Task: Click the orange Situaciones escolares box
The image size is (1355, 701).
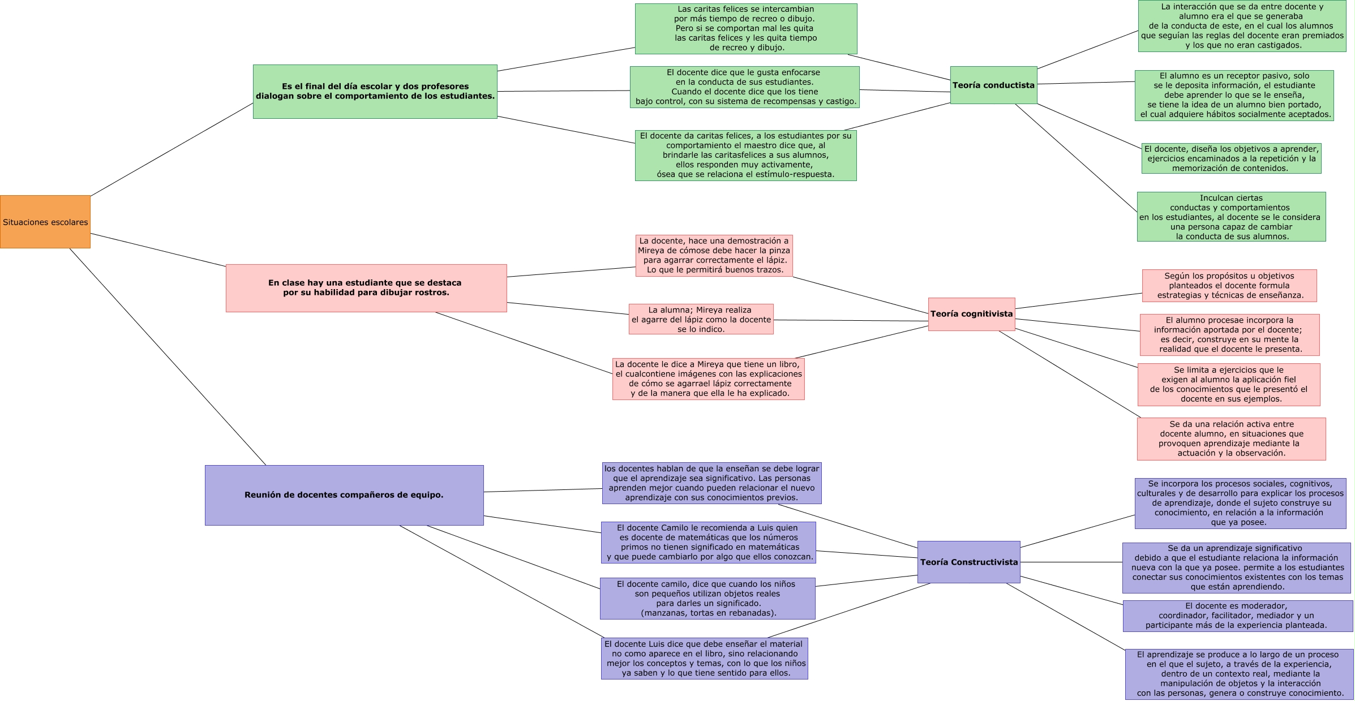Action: point(45,222)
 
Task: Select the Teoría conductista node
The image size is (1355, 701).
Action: point(993,85)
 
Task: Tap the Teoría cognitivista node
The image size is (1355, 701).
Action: point(971,314)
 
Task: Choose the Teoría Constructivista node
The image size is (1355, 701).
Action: point(968,562)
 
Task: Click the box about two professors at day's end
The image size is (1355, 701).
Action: point(375,92)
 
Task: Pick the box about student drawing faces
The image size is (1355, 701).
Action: point(366,288)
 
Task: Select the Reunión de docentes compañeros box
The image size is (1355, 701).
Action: point(344,495)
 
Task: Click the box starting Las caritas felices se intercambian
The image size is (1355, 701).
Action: point(745,29)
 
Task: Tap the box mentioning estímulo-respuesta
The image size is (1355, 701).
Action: point(745,156)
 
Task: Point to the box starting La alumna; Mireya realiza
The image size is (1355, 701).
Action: point(701,319)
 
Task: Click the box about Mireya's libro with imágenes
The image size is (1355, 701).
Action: point(708,379)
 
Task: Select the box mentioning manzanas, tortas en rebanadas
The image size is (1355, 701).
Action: point(707,598)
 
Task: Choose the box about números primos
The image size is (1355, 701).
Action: point(708,543)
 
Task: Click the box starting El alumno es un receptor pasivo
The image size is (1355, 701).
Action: point(1234,95)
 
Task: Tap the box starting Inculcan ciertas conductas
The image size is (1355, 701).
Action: point(1231,217)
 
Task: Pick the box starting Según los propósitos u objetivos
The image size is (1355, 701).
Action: point(1229,286)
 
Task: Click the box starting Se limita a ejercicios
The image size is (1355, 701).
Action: point(1229,384)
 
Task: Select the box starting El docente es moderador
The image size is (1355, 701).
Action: point(1237,616)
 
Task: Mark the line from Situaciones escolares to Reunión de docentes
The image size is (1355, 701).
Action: point(168,356)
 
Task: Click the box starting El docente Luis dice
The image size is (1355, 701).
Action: point(704,659)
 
